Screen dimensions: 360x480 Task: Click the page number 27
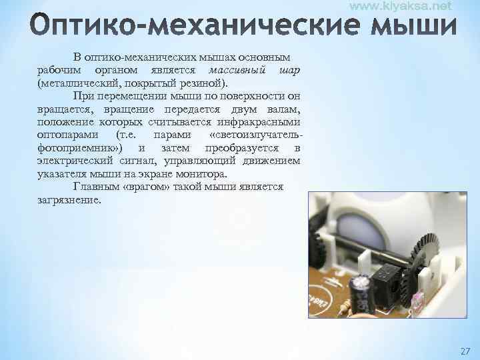[x=465, y=350]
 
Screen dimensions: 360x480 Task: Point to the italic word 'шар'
[x=291, y=70]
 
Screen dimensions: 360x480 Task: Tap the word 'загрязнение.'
[x=70, y=199]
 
